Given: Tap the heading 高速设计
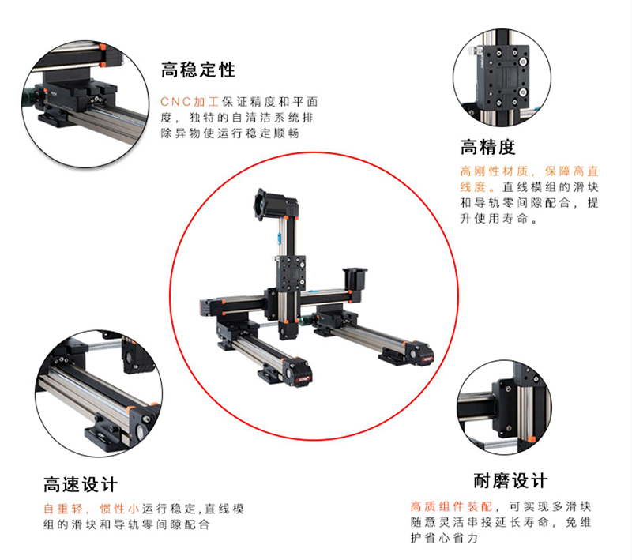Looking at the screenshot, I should [80, 484].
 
